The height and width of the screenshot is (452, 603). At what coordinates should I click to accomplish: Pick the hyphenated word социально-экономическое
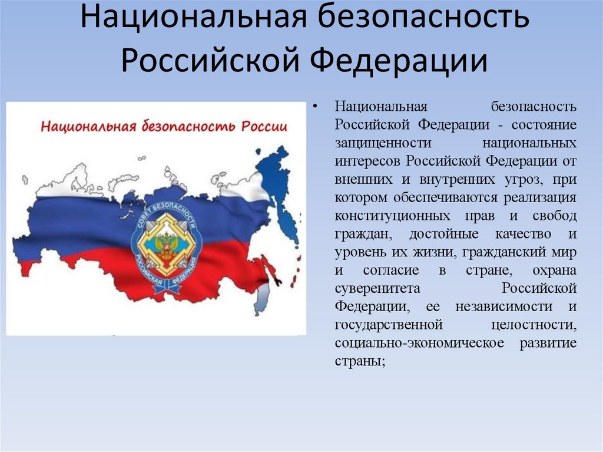pyautogui.click(x=420, y=344)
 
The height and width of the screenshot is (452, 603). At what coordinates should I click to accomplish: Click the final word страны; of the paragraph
pyautogui.click(x=360, y=362)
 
